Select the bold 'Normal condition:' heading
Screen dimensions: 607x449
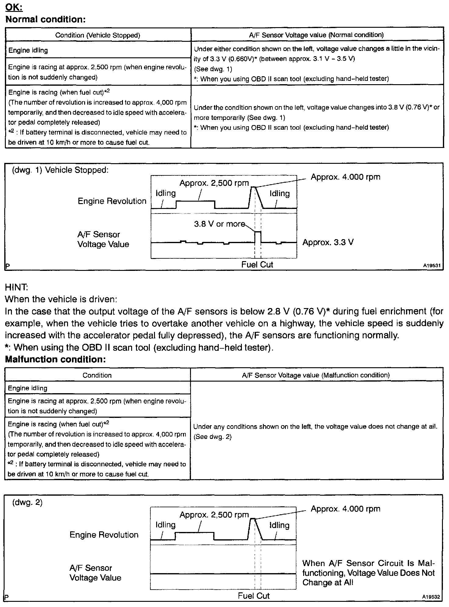pos(45,20)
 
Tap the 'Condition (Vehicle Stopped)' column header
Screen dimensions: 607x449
pos(98,35)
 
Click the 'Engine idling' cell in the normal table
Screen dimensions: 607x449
pos(28,50)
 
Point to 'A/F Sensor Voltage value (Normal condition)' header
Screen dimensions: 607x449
pos(316,35)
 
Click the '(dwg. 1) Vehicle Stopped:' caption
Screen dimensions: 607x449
pos(60,170)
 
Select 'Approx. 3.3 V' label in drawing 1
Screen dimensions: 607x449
pos(328,242)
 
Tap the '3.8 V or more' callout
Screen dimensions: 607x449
pos(220,224)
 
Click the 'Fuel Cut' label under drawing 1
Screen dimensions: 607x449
pos(257,265)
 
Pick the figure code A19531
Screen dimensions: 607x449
pos(432,266)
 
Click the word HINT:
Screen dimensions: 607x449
pos(16,287)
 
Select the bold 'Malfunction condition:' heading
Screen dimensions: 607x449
pos(55,359)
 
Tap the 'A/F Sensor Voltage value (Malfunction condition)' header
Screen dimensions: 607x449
pos(316,375)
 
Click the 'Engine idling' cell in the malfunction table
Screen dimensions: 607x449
pos(27,388)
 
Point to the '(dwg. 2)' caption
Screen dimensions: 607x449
pos(27,502)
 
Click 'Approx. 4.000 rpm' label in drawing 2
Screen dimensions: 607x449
pos(346,509)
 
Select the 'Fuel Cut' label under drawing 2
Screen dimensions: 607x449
pos(254,596)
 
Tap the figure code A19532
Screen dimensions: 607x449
pos(431,597)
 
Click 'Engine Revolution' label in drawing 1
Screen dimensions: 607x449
pos(112,201)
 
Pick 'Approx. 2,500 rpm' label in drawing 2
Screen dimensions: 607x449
pos(214,515)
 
